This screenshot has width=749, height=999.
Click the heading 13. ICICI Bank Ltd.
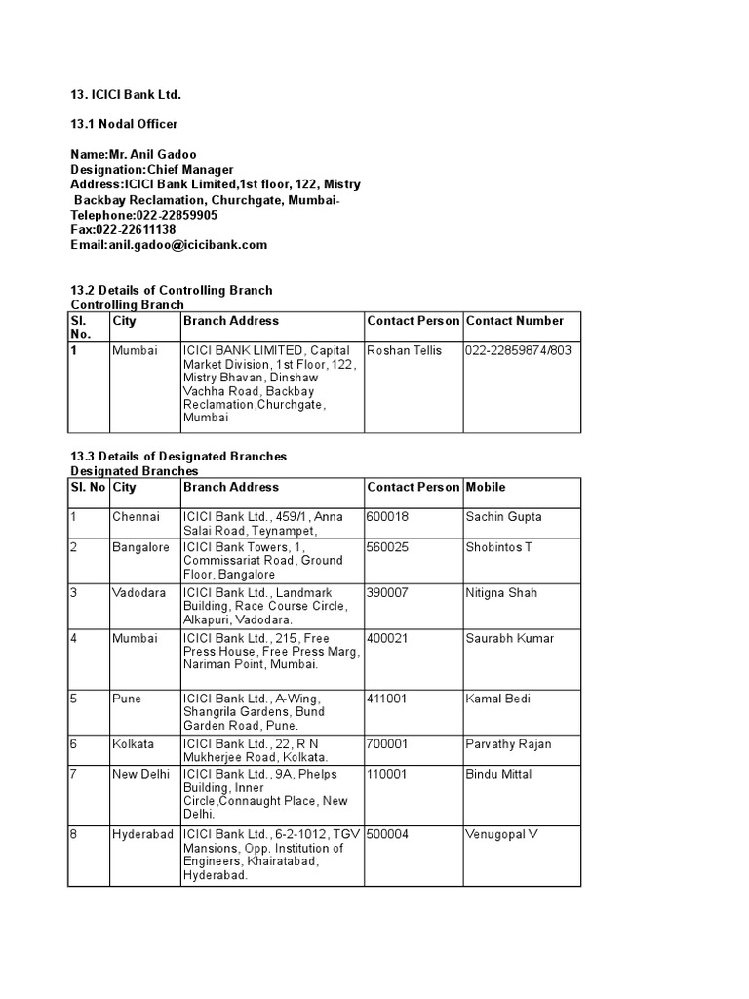tap(126, 94)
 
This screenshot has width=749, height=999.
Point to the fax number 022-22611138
tap(136, 230)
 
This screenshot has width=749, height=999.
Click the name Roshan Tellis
tap(404, 350)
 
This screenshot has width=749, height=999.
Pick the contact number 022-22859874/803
tap(519, 350)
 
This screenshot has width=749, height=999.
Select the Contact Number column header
tap(515, 321)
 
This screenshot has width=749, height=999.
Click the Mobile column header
tap(486, 487)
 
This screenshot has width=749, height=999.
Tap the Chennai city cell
tap(136, 517)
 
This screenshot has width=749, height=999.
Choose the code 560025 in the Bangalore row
tap(388, 547)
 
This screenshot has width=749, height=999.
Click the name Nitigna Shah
tap(501, 593)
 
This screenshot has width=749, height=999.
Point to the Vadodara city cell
tap(138, 593)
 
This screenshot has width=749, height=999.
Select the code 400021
tap(388, 639)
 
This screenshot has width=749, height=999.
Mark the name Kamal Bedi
tap(497, 699)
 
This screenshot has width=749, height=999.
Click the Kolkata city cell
tap(134, 744)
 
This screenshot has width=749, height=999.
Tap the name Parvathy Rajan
tap(508, 744)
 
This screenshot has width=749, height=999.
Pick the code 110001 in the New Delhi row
tap(388, 775)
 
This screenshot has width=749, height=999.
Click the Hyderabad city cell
tap(142, 835)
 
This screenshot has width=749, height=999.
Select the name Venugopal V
tap(502, 835)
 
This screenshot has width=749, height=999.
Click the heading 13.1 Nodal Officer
tap(124, 124)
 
